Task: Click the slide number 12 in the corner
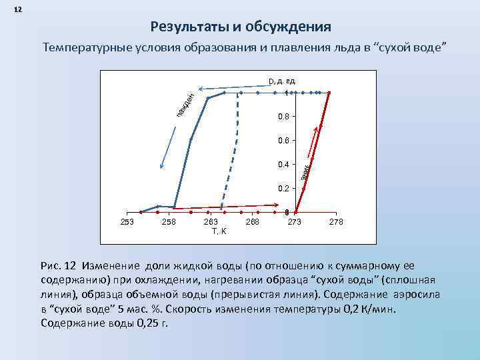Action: (17, 10)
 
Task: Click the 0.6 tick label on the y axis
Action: (283, 141)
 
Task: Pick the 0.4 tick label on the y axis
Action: (283, 165)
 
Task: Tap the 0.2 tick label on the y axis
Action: (283, 189)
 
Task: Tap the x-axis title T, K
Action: (218, 232)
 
